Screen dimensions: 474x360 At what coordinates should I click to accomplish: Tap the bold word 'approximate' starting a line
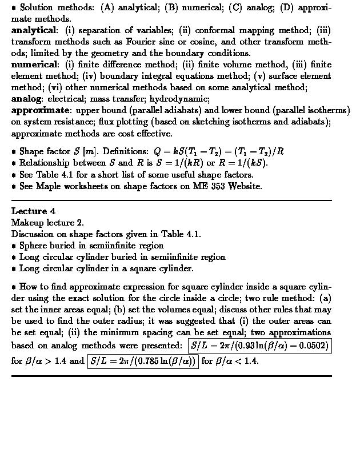click(39, 110)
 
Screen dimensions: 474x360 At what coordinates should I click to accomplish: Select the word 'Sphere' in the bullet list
click(34, 246)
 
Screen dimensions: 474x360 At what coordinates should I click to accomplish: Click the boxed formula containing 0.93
click(260, 346)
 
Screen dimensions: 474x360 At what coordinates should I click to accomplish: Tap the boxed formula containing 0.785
click(143, 361)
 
